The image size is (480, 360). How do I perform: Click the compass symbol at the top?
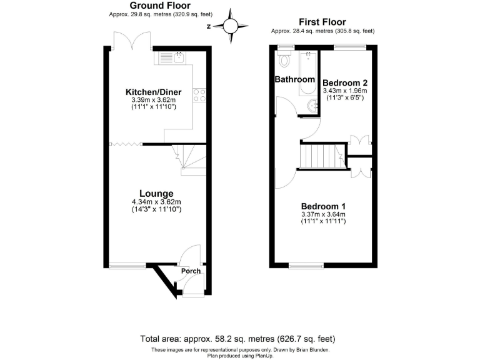click(231, 26)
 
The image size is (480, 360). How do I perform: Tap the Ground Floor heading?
click(151, 6)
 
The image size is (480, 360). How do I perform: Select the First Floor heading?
click(323, 21)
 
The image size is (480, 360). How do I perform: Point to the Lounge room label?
click(156, 193)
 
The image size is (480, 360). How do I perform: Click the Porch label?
click(191, 271)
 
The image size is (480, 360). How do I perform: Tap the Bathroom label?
click(295, 79)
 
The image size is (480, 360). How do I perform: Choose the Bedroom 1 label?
click(323, 206)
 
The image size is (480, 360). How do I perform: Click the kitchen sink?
click(170, 59)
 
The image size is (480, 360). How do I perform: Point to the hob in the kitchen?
click(200, 95)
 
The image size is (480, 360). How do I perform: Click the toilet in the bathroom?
click(286, 61)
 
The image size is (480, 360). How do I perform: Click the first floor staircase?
click(321, 156)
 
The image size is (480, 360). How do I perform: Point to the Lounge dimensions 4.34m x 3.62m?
click(156, 202)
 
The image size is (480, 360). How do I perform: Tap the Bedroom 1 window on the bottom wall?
click(306, 266)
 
